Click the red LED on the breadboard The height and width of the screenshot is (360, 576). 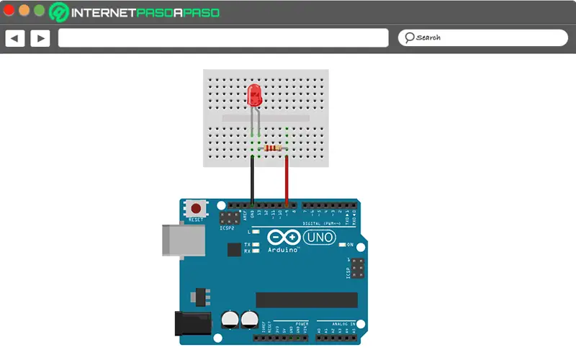click(x=254, y=96)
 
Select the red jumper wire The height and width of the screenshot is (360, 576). click(x=287, y=180)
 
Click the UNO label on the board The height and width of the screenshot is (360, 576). click(x=319, y=238)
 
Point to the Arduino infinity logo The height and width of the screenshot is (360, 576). click(x=282, y=237)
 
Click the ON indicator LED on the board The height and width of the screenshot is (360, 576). click(x=341, y=245)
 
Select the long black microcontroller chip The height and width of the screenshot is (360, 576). click(x=307, y=300)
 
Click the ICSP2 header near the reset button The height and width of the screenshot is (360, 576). click(x=230, y=217)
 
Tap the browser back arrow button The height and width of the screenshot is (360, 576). click(x=15, y=37)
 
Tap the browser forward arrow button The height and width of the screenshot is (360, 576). click(x=40, y=37)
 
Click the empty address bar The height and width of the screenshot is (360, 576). click(x=223, y=37)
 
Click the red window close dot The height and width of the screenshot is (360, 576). click(x=9, y=11)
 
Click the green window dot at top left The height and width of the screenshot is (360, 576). click(x=38, y=11)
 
